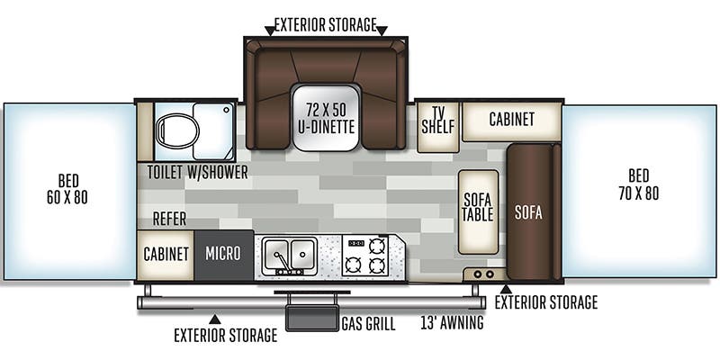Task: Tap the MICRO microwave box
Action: click(x=223, y=254)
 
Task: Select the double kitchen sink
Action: click(x=290, y=254)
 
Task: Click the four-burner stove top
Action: click(x=366, y=256)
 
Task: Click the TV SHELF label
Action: click(x=438, y=120)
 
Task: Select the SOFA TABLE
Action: click(x=478, y=211)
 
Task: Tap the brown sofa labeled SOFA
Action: click(x=529, y=212)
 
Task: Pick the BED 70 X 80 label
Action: click(x=640, y=184)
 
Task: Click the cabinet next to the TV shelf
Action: click(x=511, y=120)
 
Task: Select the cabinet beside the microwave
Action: click(x=166, y=254)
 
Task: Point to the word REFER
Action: click(x=170, y=219)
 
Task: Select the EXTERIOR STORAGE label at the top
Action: click(x=326, y=24)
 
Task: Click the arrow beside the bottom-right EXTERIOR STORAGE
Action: click(x=506, y=290)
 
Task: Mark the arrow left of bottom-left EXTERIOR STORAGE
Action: click(x=213, y=318)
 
